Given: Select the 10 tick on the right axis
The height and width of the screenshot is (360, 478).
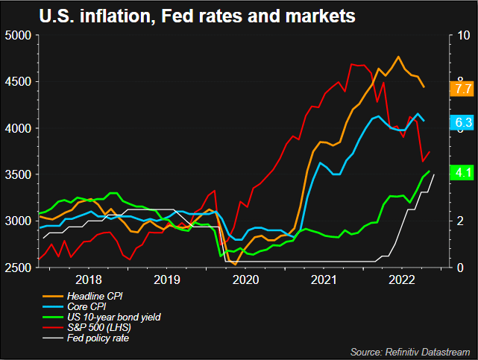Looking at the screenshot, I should pyautogui.click(x=463, y=36).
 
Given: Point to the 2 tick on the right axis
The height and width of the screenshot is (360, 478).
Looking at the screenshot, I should pyautogui.click(x=461, y=221).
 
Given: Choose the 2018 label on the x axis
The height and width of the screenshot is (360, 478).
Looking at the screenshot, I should pyautogui.click(x=89, y=281).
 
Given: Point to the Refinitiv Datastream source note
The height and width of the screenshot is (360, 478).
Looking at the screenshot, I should pyautogui.click(x=410, y=350).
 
